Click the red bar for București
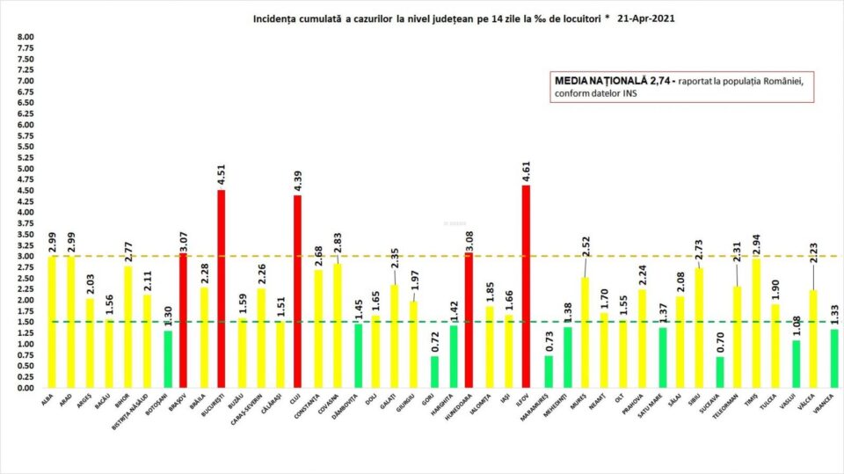click(221, 289)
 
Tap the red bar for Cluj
click(297, 291)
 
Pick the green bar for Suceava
click(722, 372)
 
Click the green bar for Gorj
click(434, 372)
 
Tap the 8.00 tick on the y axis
click(25, 38)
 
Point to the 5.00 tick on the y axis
click(25, 169)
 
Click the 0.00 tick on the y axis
click(25, 388)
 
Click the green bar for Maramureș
click(549, 371)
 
